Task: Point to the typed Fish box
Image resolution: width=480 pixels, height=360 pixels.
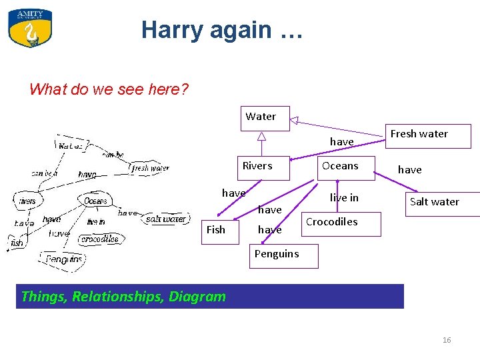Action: coord(216,230)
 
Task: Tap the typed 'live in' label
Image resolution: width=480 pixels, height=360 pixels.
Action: coord(344,198)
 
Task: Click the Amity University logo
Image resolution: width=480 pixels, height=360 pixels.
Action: coord(30,27)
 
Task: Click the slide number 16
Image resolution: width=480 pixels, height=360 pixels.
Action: coord(447,340)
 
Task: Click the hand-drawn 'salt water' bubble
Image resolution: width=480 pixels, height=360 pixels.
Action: coord(165,219)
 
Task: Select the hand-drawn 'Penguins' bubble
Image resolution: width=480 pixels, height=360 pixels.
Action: coord(64,259)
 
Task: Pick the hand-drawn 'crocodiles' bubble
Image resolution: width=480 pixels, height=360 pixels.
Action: coord(99,239)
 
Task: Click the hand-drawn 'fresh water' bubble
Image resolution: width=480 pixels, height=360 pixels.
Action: coord(149,168)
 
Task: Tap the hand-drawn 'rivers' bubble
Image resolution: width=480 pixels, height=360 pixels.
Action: coord(27,201)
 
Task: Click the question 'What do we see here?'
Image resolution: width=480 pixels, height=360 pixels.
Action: coord(109,89)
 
